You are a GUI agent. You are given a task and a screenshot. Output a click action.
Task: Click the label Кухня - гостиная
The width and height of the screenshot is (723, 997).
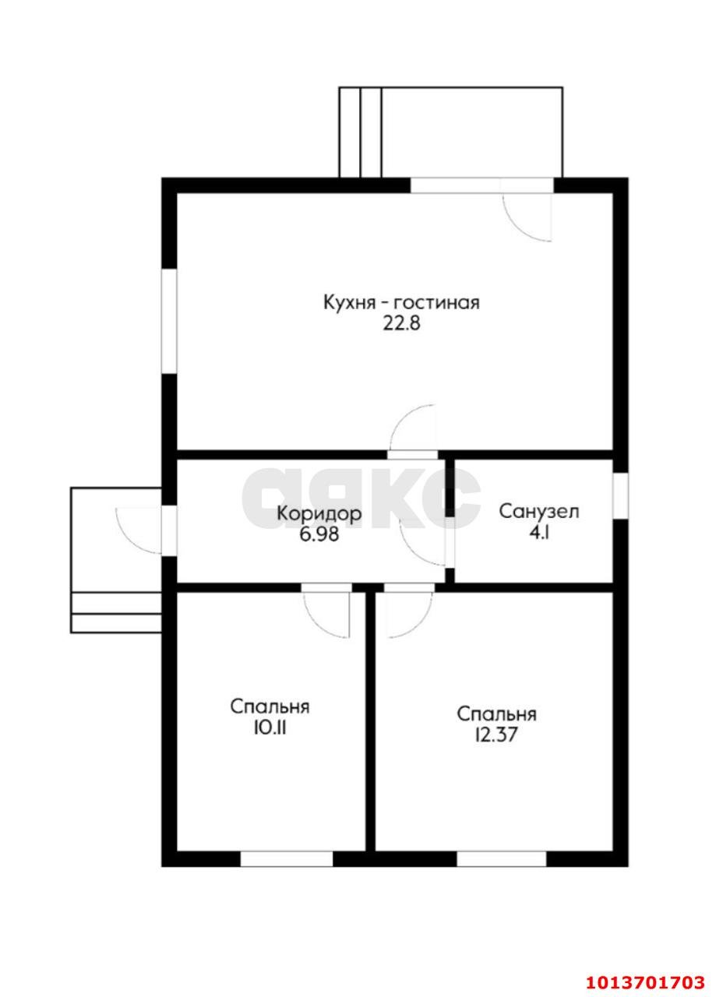(x=401, y=302)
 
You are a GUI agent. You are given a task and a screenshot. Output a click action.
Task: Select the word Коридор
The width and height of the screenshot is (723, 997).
(x=319, y=514)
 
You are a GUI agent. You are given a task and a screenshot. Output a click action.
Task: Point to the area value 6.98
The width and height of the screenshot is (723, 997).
(x=319, y=536)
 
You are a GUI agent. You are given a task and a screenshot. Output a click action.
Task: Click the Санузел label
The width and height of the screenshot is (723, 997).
(x=538, y=512)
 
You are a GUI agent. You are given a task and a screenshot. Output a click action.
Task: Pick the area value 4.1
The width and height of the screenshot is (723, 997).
(x=538, y=534)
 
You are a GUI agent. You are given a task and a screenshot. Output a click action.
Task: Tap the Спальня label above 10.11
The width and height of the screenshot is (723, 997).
(x=270, y=706)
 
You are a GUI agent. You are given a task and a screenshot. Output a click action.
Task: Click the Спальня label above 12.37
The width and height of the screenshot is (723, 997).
(x=496, y=713)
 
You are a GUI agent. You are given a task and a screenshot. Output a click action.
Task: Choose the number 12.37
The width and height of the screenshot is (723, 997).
(x=496, y=735)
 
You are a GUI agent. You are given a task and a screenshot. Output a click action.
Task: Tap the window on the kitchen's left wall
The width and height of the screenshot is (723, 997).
(x=168, y=321)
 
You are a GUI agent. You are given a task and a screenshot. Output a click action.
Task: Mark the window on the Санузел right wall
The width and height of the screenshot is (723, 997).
(x=620, y=495)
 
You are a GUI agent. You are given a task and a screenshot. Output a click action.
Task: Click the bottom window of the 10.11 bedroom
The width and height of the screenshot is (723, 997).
(x=286, y=858)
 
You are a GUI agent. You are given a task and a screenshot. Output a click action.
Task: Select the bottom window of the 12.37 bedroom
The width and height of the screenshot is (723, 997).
(x=501, y=858)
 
